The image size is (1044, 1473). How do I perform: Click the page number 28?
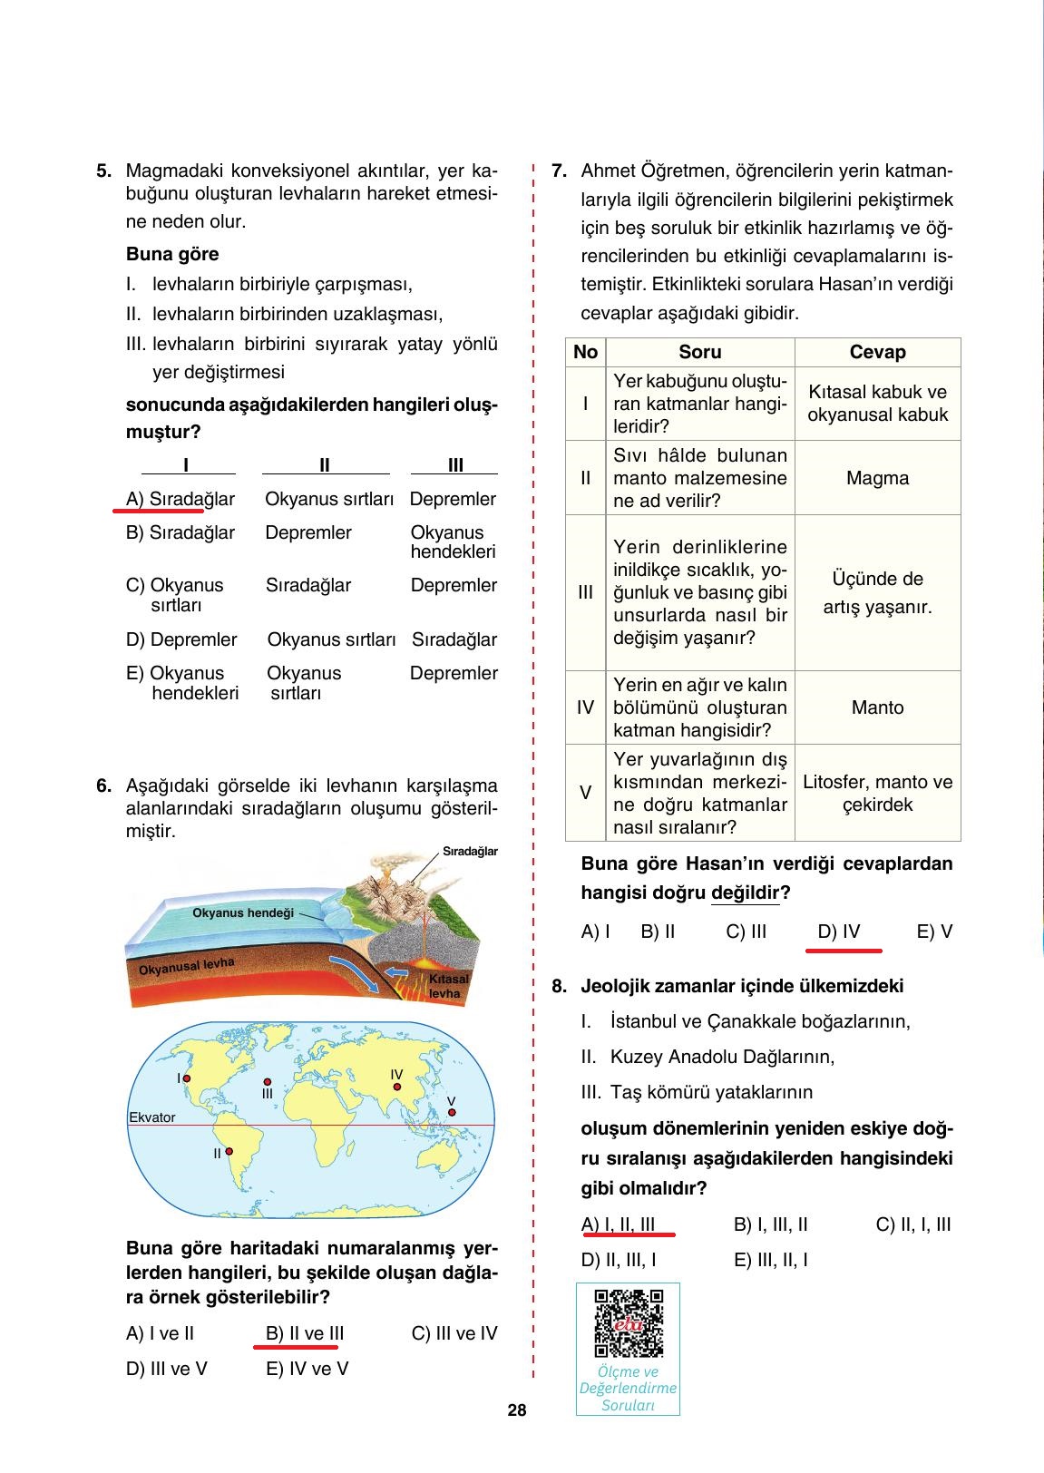(516, 1410)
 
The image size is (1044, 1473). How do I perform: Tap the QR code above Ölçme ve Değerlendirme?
(628, 1323)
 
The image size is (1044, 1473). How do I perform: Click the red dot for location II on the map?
(229, 1151)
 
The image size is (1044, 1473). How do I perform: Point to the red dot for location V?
(451, 1113)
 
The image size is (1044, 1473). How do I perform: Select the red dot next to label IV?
(396, 1086)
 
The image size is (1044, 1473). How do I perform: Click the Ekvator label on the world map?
(152, 1117)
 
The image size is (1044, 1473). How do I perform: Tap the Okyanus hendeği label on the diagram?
(243, 912)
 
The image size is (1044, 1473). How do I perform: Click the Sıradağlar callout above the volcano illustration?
(470, 852)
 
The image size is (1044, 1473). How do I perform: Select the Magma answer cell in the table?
(877, 478)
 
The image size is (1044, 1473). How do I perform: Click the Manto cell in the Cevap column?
(877, 707)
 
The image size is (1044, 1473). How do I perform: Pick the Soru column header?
(699, 352)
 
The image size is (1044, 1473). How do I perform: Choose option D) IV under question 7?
(839, 932)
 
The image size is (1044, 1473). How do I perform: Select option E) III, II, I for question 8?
(770, 1260)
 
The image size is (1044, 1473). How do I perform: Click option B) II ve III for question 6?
(305, 1333)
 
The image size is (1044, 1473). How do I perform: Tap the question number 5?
(103, 170)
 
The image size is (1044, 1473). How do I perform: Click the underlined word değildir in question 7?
(745, 893)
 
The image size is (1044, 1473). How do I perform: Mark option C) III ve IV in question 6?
(454, 1333)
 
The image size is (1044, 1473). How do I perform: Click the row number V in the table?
(585, 793)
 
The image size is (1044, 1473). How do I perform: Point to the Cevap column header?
(877, 352)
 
